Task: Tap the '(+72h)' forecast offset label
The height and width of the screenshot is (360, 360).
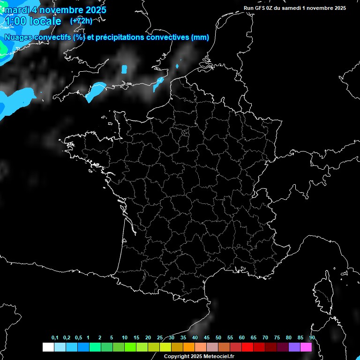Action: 81,21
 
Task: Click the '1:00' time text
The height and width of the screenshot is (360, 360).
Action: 15,21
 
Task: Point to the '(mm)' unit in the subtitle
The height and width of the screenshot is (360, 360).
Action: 200,37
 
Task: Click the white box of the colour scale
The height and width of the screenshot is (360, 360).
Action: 48,347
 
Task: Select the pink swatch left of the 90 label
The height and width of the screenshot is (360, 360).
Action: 306,347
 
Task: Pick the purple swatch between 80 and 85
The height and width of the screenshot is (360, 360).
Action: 294,347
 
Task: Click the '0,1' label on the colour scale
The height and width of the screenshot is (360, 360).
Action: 55,338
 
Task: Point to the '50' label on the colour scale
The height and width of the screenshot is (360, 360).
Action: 218,338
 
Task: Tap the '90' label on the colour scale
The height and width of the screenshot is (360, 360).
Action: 312,338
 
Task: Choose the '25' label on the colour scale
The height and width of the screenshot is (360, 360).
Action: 160,338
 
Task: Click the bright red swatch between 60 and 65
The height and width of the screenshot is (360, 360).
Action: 247,347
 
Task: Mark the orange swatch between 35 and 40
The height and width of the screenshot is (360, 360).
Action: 188,347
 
